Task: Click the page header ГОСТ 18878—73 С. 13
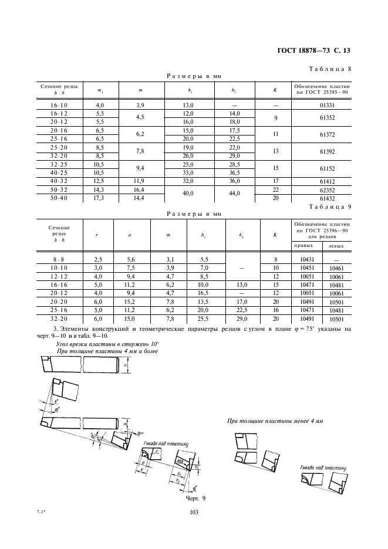pos(313,51)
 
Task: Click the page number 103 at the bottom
pos(194,513)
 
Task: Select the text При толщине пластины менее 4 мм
pos(275,421)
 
